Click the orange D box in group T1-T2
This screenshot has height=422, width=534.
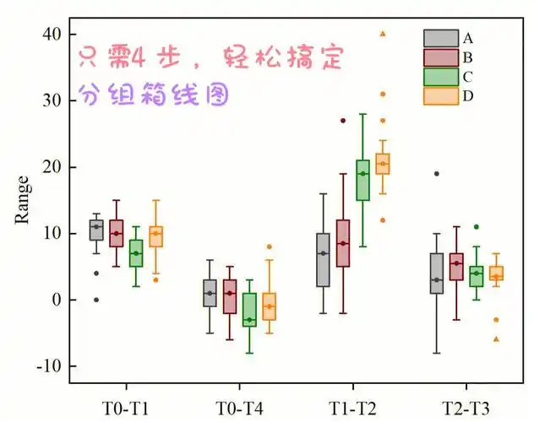383,164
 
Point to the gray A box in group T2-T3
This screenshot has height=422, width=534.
436,273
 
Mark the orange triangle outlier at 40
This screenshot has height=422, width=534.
383,34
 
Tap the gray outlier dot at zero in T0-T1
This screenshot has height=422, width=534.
96,300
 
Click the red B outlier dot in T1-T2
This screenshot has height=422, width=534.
343,121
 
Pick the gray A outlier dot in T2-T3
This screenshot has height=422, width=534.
436,174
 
